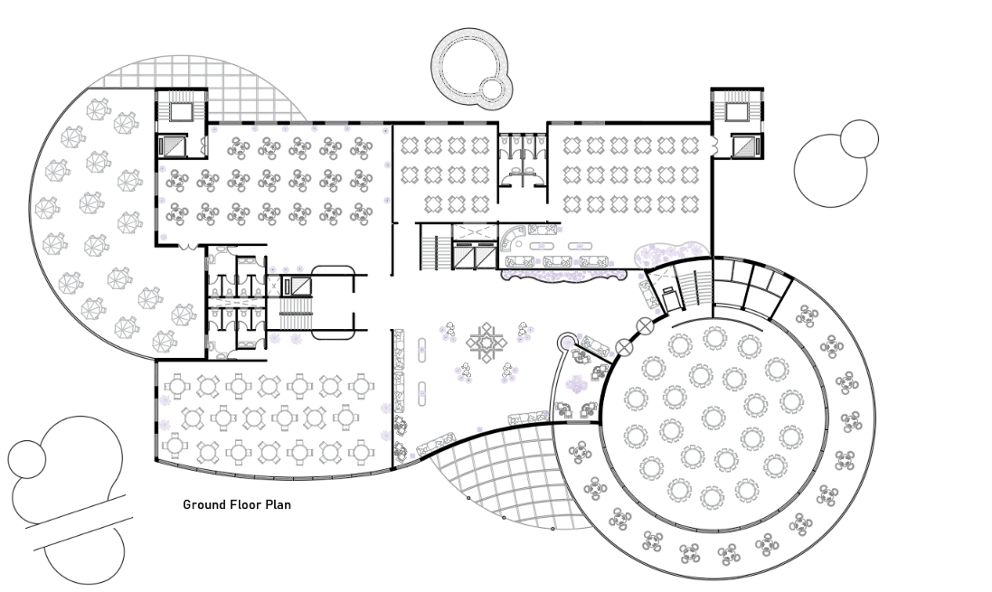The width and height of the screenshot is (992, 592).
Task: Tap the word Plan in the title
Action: coord(279,504)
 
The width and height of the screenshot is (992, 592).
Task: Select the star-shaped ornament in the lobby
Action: coord(487,343)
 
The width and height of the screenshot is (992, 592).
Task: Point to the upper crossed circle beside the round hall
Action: coord(645,326)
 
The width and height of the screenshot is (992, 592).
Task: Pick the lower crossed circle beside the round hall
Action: coord(625,347)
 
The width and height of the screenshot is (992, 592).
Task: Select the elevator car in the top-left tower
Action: coord(172,146)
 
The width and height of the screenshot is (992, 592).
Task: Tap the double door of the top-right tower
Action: coord(715,145)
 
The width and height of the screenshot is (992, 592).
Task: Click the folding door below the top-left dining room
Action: coord(188,247)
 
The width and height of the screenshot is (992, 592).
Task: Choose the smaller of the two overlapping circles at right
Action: coord(859,138)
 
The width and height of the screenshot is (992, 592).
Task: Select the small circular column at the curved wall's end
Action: coord(565,342)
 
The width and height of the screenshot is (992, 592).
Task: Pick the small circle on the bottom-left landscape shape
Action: coord(27,459)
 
